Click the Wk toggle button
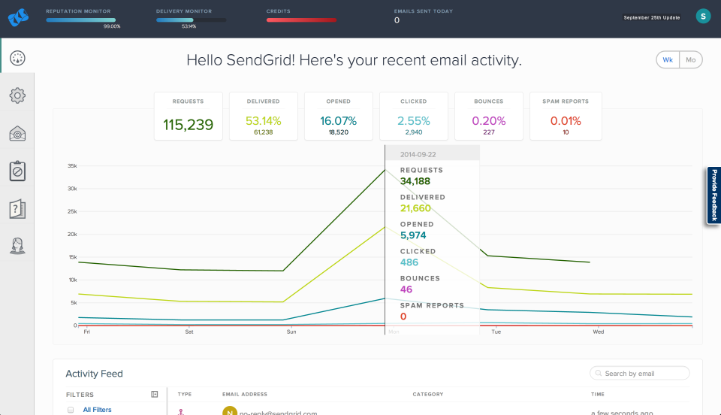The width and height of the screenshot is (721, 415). point(668,60)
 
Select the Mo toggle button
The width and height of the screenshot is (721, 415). point(690,60)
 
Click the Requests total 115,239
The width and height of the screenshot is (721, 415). point(188,125)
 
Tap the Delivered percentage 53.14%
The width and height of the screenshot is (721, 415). point(263,120)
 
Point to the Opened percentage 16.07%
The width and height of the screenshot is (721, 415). point(338,120)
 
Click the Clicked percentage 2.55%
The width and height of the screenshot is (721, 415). point(413,120)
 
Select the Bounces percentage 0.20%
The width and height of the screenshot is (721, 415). point(489,120)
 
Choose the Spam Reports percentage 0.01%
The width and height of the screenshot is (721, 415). point(565,120)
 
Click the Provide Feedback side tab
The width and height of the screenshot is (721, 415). point(713,195)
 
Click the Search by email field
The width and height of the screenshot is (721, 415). point(644,374)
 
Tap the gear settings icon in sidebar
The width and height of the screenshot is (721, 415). point(17,95)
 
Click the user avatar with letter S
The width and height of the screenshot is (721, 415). point(703,17)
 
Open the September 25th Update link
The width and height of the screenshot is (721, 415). point(652,17)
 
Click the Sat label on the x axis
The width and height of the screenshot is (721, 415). point(189,332)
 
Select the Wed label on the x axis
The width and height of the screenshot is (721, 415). point(598,332)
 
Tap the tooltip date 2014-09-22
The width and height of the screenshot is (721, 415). point(419,154)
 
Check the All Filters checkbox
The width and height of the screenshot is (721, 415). point(71,410)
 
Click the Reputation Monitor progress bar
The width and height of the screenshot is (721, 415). point(80,20)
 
